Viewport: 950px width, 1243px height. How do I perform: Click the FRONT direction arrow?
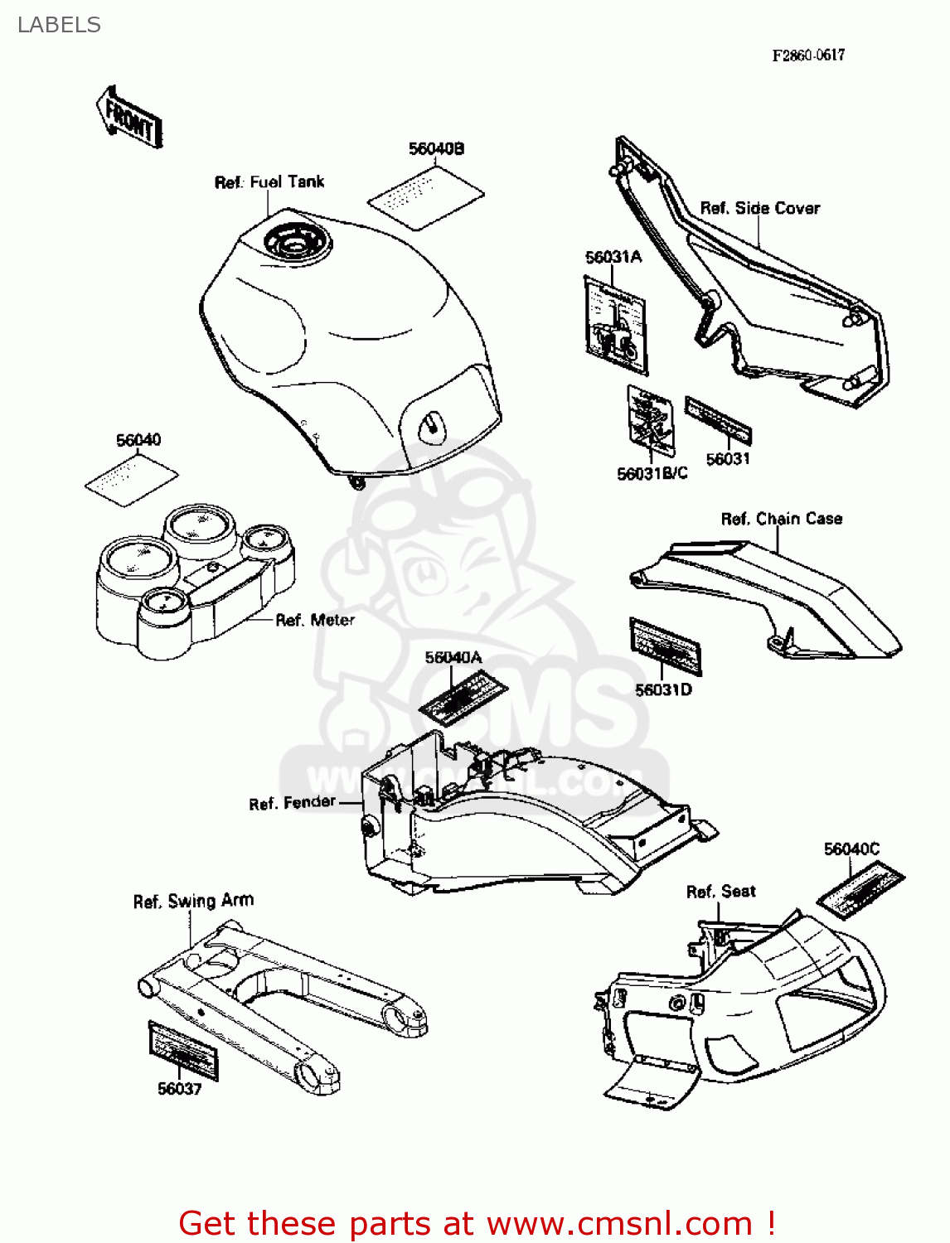coord(129,118)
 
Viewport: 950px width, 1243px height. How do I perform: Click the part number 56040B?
coord(436,149)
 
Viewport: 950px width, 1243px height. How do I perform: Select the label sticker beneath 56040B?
coord(425,197)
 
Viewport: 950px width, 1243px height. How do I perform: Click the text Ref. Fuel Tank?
coord(269,182)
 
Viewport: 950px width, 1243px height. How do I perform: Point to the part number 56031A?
coord(613,257)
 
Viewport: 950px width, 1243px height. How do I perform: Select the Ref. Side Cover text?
coord(759,209)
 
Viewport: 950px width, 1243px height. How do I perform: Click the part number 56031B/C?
coord(652,474)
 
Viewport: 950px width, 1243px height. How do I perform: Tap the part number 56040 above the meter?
coord(138,440)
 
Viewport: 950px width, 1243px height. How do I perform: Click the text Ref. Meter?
coord(315,620)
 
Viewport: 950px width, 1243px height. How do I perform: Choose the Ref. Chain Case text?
coord(781,519)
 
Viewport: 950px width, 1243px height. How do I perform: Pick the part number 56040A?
coord(453,658)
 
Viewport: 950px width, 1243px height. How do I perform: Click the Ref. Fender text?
coord(293,803)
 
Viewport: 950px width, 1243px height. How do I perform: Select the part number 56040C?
coord(851,849)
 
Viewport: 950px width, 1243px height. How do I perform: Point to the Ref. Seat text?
coord(720,892)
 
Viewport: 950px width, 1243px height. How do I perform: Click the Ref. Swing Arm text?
coord(193,901)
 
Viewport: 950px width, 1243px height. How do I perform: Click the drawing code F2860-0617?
coord(808,56)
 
